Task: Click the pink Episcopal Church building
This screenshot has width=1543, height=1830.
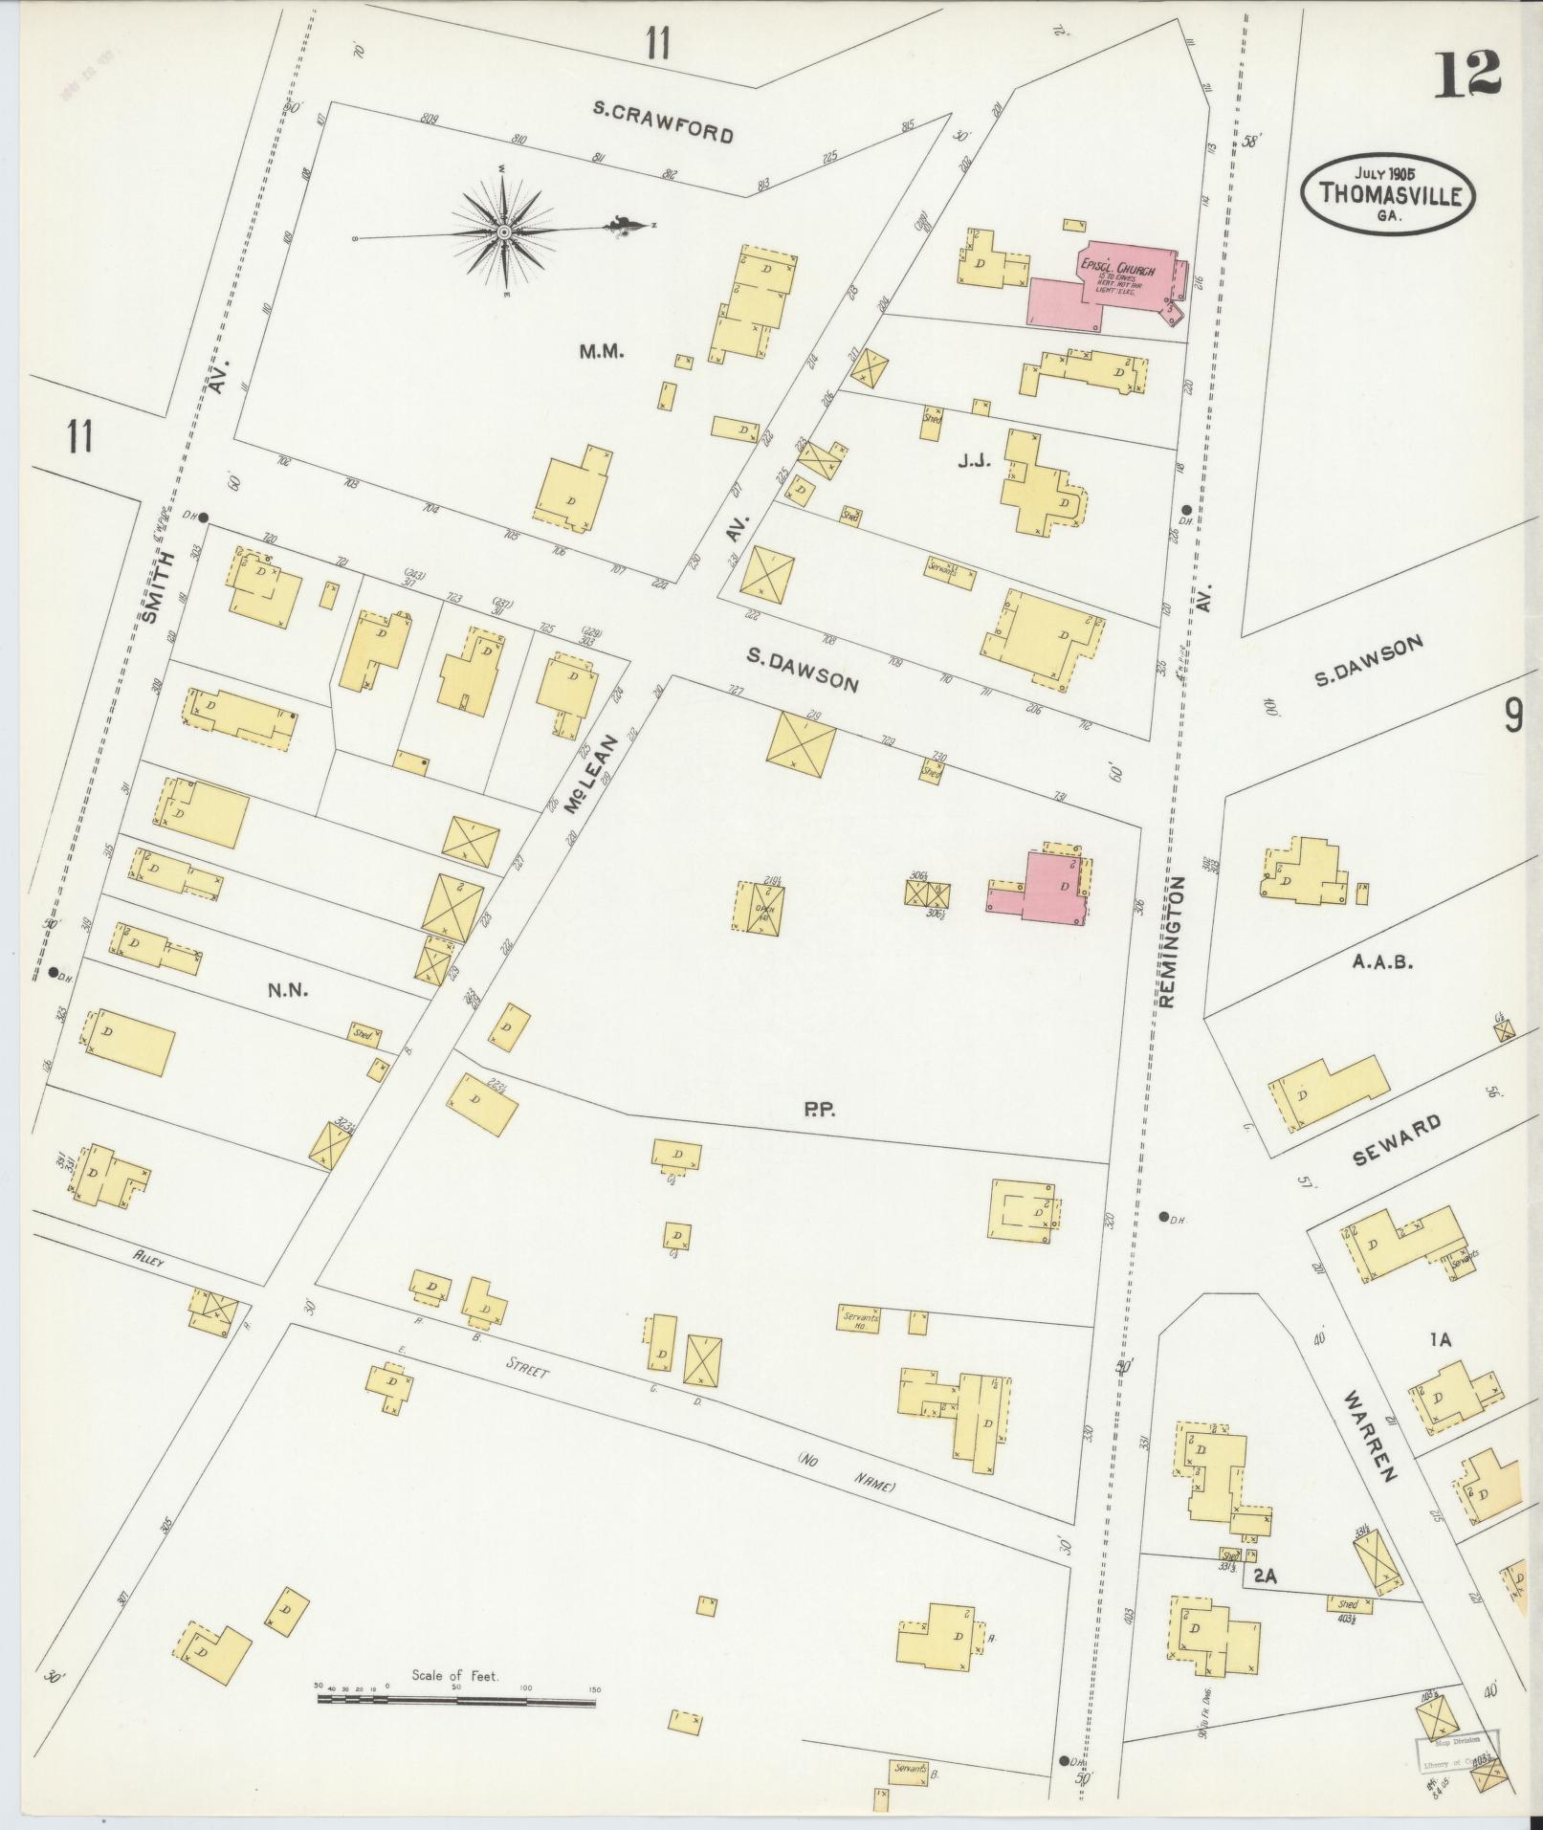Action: click(x=1100, y=287)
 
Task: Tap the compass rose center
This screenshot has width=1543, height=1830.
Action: click(x=503, y=232)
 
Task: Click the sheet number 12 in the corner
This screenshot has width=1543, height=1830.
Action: click(x=1466, y=75)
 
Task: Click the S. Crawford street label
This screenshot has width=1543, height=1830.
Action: click(x=662, y=123)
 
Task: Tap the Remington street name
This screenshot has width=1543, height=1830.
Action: click(x=1173, y=942)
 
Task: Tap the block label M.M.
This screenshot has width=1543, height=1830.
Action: click(x=601, y=352)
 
